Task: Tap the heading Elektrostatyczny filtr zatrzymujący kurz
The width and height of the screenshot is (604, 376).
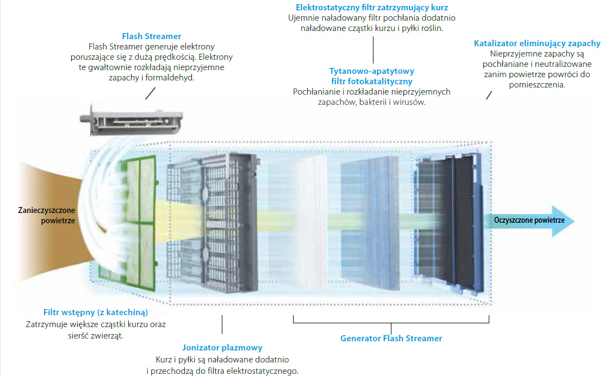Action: coord(372,8)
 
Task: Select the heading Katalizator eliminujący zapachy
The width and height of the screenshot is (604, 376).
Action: coord(537,43)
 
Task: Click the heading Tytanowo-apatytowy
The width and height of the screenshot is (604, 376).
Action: coord(372,71)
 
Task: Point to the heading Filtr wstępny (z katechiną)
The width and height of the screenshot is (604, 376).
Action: coord(96,313)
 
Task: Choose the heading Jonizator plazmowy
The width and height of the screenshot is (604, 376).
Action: coord(222,348)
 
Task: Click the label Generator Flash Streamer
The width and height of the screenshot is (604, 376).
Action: coord(391,339)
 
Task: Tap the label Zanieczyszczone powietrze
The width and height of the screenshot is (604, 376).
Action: coord(46,215)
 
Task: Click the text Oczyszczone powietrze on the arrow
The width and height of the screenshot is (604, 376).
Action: coord(529,220)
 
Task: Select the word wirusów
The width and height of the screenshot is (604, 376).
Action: coord(408,102)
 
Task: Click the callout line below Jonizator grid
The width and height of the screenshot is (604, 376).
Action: coord(222,325)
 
